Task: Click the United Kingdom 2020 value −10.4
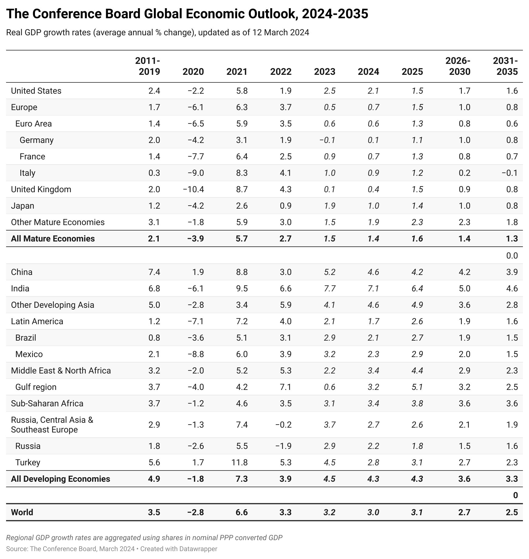point(193,189)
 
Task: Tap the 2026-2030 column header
point(458,66)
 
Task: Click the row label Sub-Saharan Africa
point(47,403)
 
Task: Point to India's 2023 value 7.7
point(329,288)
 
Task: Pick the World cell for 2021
point(242,512)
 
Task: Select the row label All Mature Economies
point(53,238)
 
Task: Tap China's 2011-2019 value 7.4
point(154,272)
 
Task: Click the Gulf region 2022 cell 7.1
point(285,387)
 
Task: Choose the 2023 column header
point(324,71)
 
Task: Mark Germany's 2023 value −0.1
point(327,140)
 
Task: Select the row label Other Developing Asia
point(53,305)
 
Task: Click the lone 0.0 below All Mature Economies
point(512,255)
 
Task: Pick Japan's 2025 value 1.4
point(417,206)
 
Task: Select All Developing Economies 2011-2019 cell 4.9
point(154,479)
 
